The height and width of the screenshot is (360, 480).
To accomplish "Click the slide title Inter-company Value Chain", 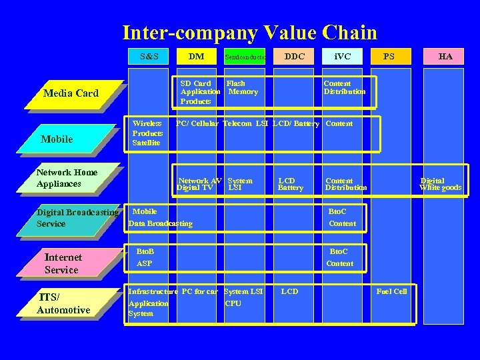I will [249, 32].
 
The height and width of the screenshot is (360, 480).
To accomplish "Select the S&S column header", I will [149, 57].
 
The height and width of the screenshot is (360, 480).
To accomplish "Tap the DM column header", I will [197, 57].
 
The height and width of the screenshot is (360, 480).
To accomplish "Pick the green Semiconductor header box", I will [245, 57].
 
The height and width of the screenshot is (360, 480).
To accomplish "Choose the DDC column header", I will [294, 57].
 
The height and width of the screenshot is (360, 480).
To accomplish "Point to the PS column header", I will [389, 57].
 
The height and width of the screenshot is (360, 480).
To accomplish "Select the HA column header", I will [445, 57].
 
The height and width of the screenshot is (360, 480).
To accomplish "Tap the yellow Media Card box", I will [71, 94].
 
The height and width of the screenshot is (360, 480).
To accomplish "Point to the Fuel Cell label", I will [391, 291].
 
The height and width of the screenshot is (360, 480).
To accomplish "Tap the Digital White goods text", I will [440, 184].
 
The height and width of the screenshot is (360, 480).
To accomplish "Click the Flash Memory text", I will [242, 88].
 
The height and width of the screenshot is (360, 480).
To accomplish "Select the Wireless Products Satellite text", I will [147, 133].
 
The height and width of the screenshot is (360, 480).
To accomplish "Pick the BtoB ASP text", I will [145, 257].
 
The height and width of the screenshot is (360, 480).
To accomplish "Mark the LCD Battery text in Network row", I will [290, 184].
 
